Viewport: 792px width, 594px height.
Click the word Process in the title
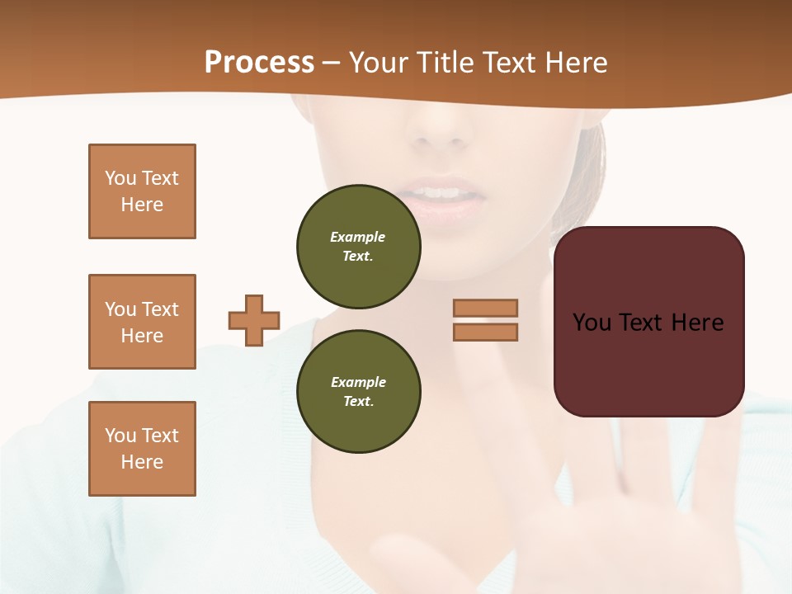259,63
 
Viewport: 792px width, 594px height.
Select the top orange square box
142,191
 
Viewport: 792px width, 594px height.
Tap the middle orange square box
142,322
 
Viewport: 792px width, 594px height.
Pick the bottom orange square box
142,449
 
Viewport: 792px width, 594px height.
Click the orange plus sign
254,320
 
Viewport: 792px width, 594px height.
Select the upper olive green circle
358,247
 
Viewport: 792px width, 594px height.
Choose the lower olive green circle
358,392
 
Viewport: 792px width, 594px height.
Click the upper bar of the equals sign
485,308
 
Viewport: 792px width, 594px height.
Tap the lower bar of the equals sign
485,332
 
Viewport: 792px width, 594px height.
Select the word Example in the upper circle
358,237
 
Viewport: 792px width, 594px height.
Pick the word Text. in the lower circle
358,402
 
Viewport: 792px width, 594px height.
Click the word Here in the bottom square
142,462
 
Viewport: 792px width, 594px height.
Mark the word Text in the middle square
161,309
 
